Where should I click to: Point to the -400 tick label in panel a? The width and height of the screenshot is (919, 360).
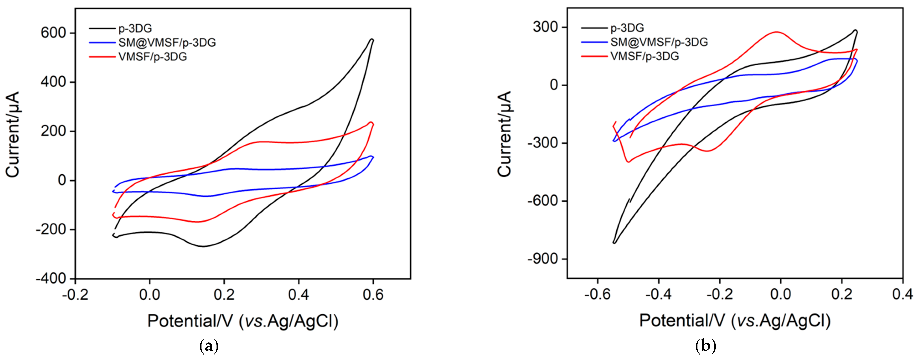(51, 279)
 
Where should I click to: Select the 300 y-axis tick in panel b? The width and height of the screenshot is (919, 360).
(545, 27)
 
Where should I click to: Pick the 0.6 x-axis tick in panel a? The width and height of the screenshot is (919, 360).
(373, 295)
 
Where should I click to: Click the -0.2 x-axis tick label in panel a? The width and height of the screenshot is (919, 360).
(75, 295)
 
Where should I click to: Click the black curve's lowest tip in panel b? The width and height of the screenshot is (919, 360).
(614, 243)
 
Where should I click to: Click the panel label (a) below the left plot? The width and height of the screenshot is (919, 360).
(209, 346)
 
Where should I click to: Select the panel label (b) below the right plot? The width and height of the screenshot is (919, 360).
(705, 346)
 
